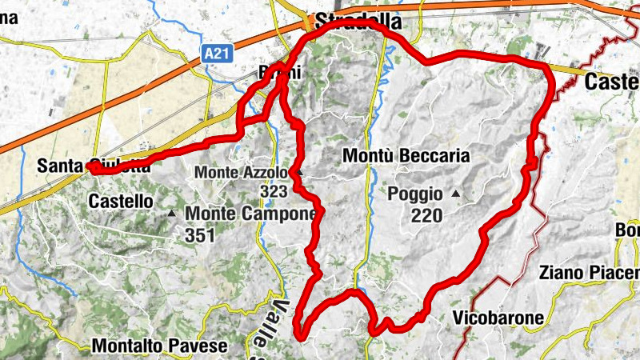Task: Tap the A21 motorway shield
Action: click(210, 54)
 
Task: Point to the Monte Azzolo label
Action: click(240, 173)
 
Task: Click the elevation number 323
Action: click(274, 192)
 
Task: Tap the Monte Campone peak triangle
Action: click(172, 214)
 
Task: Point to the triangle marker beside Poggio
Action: click(456, 194)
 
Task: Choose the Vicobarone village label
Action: click(498, 318)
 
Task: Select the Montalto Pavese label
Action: click(160, 346)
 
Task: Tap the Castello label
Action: click(121, 202)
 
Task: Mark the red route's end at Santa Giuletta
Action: click(93, 168)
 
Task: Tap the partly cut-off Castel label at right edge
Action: click(612, 82)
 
